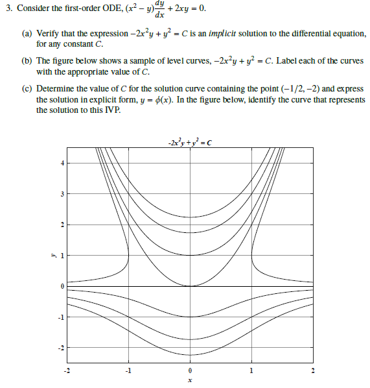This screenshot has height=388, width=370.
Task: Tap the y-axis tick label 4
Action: [62, 163]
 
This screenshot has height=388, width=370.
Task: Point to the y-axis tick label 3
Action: [62, 194]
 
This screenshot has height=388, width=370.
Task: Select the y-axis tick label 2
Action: [62, 224]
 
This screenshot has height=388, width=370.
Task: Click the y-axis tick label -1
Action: [61, 317]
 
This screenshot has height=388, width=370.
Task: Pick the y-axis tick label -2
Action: [61, 348]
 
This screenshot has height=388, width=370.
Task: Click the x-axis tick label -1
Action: [128, 370]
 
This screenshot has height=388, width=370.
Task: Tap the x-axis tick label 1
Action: [251, 370]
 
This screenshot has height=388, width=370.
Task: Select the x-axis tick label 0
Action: [189, 370]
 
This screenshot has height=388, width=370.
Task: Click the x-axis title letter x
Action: [189, 380]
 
